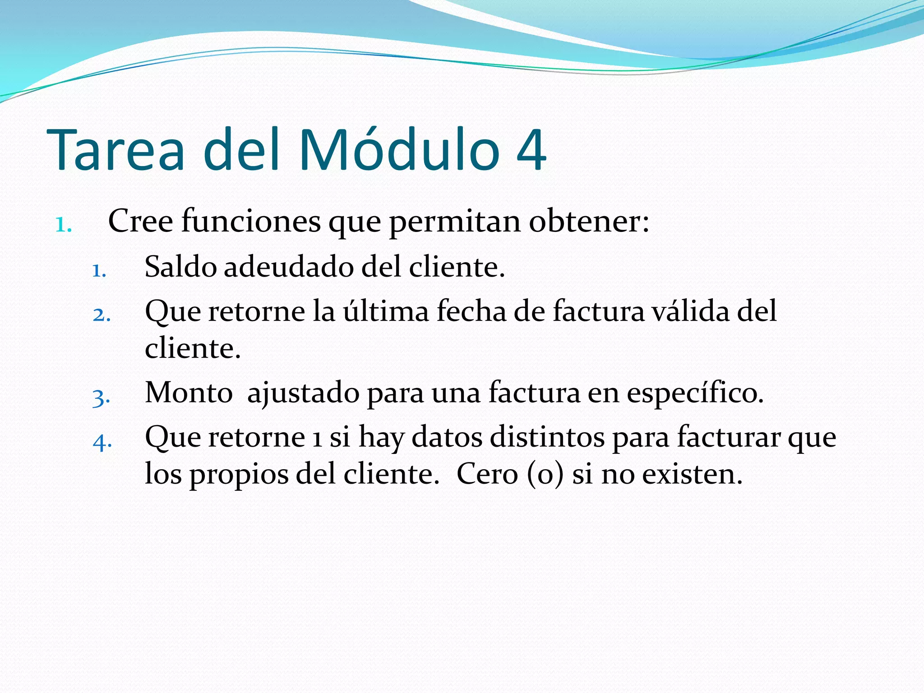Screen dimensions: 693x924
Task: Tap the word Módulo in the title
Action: tap(399, 150)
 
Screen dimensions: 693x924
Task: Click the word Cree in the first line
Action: tap(140, 222)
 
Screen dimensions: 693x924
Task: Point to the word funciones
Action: tap(251, 222)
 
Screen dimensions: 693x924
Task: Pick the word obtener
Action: tap(588, 222)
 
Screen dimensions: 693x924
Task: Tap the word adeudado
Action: tap(289, 267)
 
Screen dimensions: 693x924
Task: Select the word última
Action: tap(386, 311)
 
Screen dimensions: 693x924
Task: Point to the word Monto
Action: tap(189, 393)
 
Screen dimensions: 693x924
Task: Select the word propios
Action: tap(239, 475)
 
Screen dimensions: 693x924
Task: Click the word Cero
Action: tap(487, 474)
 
